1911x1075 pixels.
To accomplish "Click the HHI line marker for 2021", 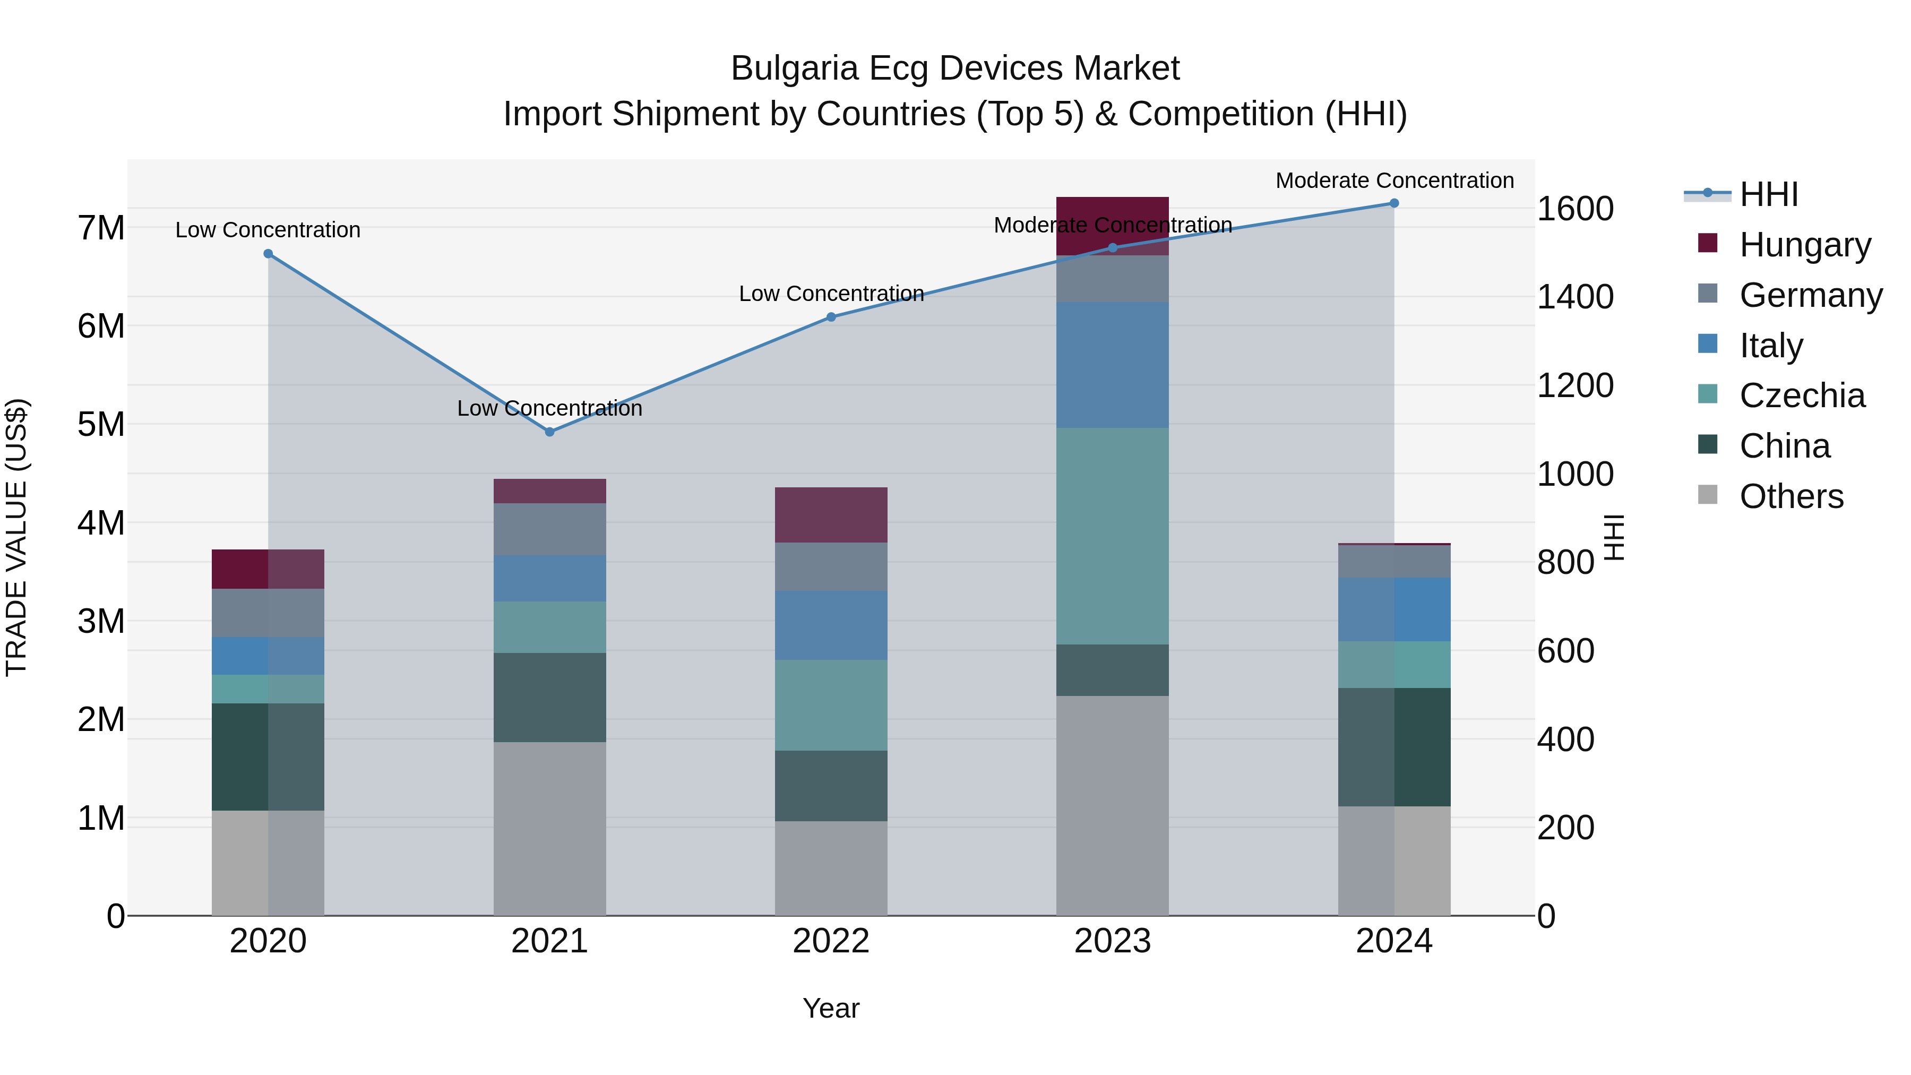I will pyautogui.click(x=550, y=432).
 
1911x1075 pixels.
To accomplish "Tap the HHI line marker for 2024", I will pyautogui.click(x=1394, y=203).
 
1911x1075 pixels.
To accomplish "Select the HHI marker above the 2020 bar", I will pyautogui.click(x=269, y=254).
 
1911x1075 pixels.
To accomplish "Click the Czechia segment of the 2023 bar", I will pyautogui.click(x=1112, y=536).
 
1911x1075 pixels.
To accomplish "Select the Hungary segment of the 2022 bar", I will pyautogui.click(x=831, y=515).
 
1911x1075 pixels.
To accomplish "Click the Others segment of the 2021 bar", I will pyautogui.click(x=550, y=829).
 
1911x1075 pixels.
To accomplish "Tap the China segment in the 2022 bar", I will pyautogui.click(x=831, y=786).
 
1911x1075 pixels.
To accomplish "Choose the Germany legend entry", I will pyautogui.click(x=1810, y=295).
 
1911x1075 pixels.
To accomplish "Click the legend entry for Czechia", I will pyautogui.click(x=1801, y=395).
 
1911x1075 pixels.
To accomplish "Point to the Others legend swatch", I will pyautogui.click(x=1708, y=495).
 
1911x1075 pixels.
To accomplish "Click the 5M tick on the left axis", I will pyautogui.click(x=101, y=424).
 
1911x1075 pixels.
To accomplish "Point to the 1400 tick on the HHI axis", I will pyautogui.click(x=1574, y=297).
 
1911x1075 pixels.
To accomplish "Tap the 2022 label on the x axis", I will pyautogui.click(x=831, y=941).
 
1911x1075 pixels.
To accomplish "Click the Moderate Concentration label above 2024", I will pyautogui.click(x=1394, y=180).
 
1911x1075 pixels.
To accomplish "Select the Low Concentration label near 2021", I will pyautogui.click(x=550, y=408).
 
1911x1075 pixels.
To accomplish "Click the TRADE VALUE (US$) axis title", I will pyautogui.click(x=16, y=537).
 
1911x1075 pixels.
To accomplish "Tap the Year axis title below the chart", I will pyautogui.click(x=831, y=1008).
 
